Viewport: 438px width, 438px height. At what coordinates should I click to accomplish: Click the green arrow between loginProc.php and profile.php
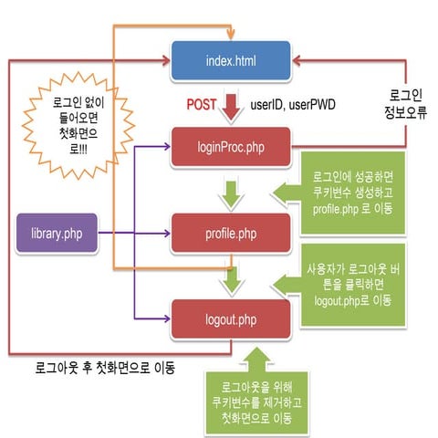tap(232, 190)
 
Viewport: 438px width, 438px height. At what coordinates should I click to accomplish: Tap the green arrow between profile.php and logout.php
tap(232, 276)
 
